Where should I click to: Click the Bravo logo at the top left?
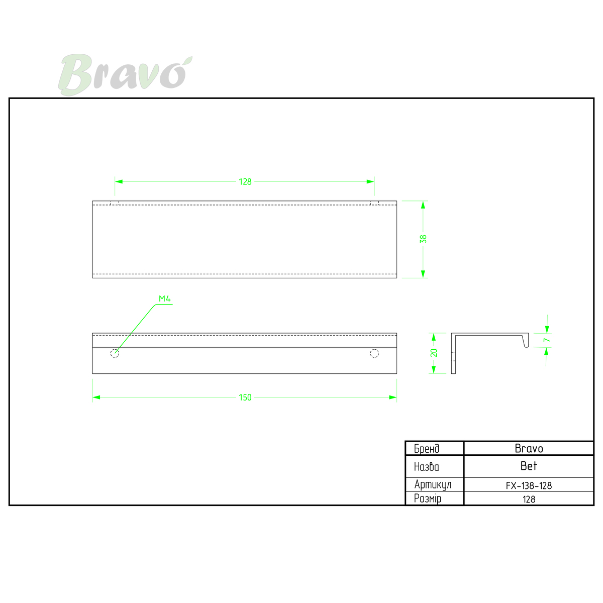pyautogui.click(x=125, y=74)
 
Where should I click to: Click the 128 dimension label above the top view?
pyautogui.click(x=245, y=182)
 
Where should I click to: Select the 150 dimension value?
pyautogui.click(x=245, y=397)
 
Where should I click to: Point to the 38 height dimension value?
pyautogui.click(x=423, y=239)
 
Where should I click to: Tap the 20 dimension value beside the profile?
pyautogui.click(x=434, y=353)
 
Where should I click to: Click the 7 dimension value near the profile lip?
pyautogui.click(x=547, y=340)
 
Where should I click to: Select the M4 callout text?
pyautogui.click(x=165, y=299)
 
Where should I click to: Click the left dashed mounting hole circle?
pyautogui.click(x=115, y=354)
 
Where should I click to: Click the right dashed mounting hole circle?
pyautogui.click(x=374, y=354)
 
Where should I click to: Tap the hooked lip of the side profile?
pyautogui.click(x=526, y=341)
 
